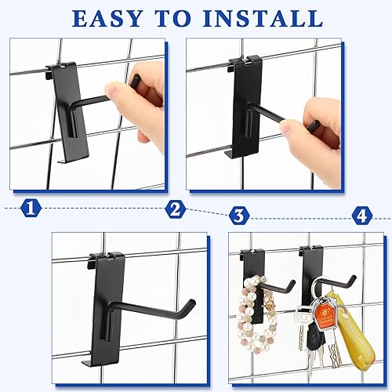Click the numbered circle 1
pyautogui.click(x=32, y=209)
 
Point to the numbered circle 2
pyautogui.click(x=176, y=209)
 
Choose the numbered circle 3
pyautogui.click(x=239, y=213)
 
